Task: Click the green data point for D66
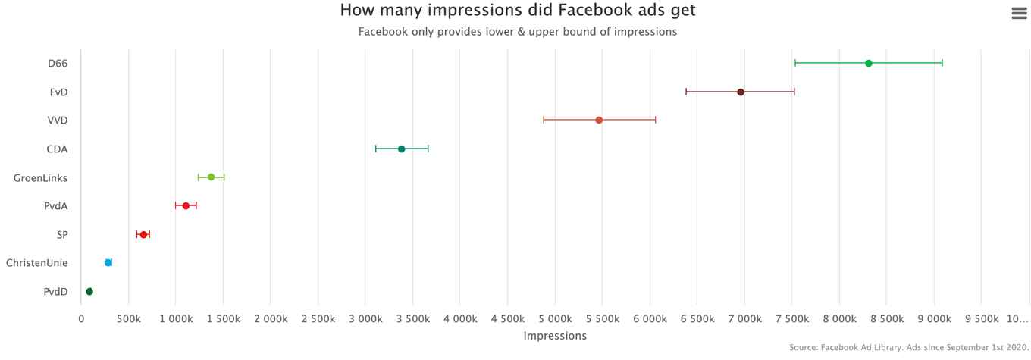tap(868, 63)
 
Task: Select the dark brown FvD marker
tap(740, 92)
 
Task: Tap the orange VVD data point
tap(599, 120)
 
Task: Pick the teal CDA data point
tap(401, 149)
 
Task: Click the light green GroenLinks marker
tap(211, 177)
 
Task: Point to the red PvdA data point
tap(186, 205)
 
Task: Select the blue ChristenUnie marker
tap(108, 262)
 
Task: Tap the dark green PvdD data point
tap(89, 291)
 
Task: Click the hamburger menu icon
tap(1019, 14)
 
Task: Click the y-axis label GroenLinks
tap(40, 177)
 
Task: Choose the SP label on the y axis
tap(62, 234)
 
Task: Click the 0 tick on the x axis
tap(81, 319)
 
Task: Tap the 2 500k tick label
tap(318, 319)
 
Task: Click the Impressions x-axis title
tap(555, 335)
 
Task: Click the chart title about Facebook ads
tap(517, 11)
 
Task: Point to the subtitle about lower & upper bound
tap(517, 32)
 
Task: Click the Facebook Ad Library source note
tap(908, 347)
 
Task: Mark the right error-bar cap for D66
tap(942, 63)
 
